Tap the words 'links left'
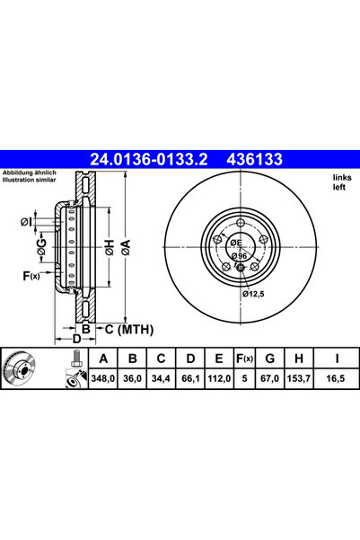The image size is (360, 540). tap(342, 182)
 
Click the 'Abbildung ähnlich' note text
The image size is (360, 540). tap(30, 173)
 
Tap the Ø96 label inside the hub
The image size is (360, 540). tap(239, 257)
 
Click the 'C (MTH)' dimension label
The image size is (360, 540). tap(123, 329)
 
